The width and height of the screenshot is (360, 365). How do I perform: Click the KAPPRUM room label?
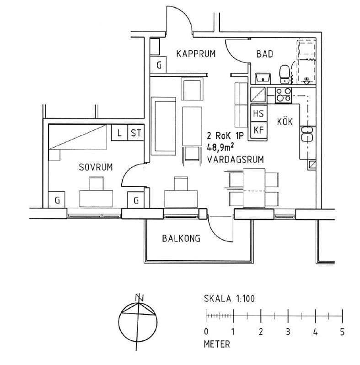[196, 54]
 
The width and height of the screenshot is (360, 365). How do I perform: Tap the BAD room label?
[264, 54]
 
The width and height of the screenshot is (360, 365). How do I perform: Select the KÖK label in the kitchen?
[285, 122]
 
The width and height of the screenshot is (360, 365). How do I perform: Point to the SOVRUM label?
[96, 167]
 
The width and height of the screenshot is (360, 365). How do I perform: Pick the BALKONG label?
[181, 238]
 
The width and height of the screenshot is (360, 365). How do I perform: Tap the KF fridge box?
[258, 129]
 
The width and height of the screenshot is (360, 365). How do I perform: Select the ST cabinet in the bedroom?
[136, 133]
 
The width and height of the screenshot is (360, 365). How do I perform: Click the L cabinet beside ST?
[119, 133]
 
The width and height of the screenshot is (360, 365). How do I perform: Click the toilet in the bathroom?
[285, 73]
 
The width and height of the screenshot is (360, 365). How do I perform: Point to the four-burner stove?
[284, 95]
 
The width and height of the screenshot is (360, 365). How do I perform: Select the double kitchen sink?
[307, 135]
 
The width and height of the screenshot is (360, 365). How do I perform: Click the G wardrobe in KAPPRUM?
[159, 65]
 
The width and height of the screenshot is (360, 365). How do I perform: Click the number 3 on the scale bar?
[288, 332]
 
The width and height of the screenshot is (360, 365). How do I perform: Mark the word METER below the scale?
[217, 344]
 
